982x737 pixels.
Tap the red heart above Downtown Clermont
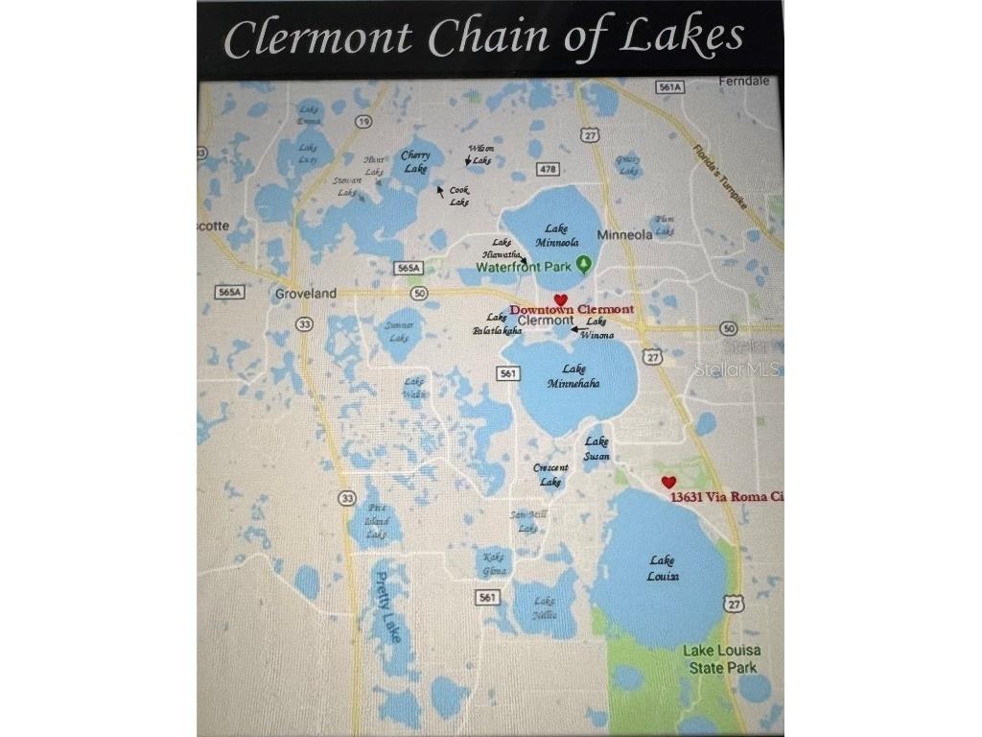pyautogui.click(x=561, y=300)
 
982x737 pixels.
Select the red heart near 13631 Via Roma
pyautogui.click(x=669, y=482)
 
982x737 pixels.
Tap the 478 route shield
pyautogui.click(x=548, y=169)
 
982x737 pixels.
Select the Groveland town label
pyautogui.click(x=306, y=293)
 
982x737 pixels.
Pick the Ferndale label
pyautogui.click(x=749, y=82)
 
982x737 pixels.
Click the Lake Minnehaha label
pyautogui.click(x=573, y=375)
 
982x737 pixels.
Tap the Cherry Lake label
pyautogui.click(x=415, y=161)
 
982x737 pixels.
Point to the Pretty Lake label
pyautogui.click(x=387, y=607)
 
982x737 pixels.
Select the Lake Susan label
pyautogui.click(x=596, y=448)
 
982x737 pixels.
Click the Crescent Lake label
pyautogui.click(x=550, y=474)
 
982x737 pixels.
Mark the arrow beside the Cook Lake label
pyautogui.click(x=441, y=191)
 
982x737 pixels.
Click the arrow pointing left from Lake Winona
pyautogui.click(x=580, y=329)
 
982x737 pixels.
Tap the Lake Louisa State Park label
pyautogui.click(x=720, y=658)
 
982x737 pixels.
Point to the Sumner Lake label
pyautogui.click(x=398, y=331)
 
